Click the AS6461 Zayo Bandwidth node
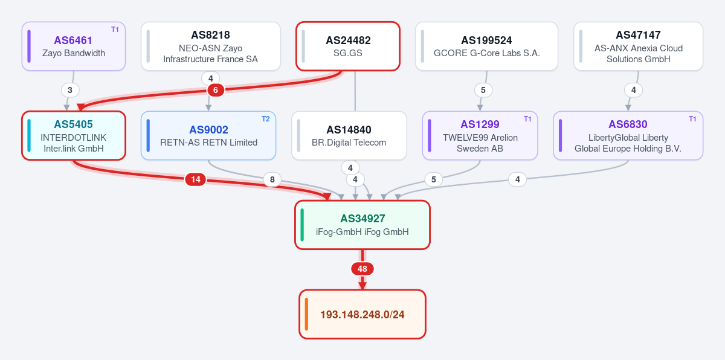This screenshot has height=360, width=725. pyautogui.click(x=74, y=47)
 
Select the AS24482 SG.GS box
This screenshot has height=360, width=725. pyautogui.click(x=348, y=47)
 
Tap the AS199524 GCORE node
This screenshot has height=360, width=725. pyautogui.click(x=486, y=47)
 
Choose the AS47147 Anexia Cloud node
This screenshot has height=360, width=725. pyautogui.click(x=638, y=47)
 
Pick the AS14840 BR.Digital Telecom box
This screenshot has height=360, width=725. pyautogui.click(x=349, y=135)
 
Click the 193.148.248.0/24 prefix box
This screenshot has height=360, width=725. pyautogui.click(x=362, y=314)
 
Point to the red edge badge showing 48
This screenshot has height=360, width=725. pyautogui.click(x=362, y=269)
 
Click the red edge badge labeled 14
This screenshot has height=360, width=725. pyautogui.click(x=196, y=179)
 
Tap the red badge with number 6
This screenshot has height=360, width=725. pyautogui.click(x=216, y=90)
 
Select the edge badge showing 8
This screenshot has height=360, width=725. pyautogui.click(x=272, y=179)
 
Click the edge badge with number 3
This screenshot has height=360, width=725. pyautogui.click(x=70, y=90)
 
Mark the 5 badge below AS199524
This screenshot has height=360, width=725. pyautogui.click(x=483, y=90)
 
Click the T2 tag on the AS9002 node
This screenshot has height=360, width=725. pyautogui.click(x=265, y=119)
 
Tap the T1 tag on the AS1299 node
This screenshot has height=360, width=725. pyautogui.click(x=527, y=119)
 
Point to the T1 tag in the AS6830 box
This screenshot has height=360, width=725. pyautogui.click(x=692, y=119)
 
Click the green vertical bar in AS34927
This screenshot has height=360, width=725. pyautogui.click(x=302, y=225)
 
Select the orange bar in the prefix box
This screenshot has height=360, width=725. pyautogui.click(x=306, y=314)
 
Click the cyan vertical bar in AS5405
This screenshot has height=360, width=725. pyautogui.click(x=29, y=135)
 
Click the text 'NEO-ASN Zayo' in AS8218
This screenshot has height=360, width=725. pyautogui.click(x=210, y=48)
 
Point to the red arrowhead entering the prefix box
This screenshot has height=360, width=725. pyautogui.click(x=362, y=285)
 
